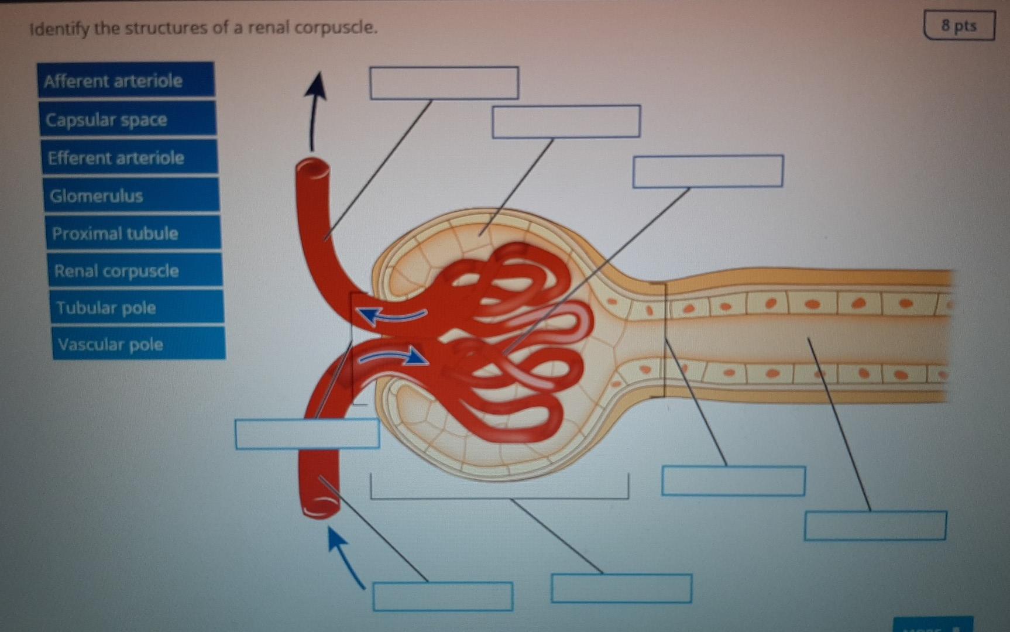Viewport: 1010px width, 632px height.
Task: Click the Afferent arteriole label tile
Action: (126, 80)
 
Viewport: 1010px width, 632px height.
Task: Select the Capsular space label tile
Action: (127, 119)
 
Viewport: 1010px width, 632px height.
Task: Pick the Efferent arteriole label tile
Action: (129, 157)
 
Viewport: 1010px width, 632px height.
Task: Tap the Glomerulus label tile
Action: (131, 195)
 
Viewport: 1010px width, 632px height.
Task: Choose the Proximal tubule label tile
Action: (133, 233)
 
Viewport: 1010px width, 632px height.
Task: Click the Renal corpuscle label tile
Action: (135, 270)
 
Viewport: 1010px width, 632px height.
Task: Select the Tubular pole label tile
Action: (136, 307)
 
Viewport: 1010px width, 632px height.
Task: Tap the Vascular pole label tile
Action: (138, 344)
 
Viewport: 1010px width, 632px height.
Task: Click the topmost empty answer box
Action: (444, 83)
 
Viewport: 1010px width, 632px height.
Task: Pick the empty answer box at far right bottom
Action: (875, 525)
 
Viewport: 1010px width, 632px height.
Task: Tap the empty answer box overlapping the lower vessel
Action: (307, 434)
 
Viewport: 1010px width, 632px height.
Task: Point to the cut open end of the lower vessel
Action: (320, 507)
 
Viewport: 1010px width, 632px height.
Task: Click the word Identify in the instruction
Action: (60, 28)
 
